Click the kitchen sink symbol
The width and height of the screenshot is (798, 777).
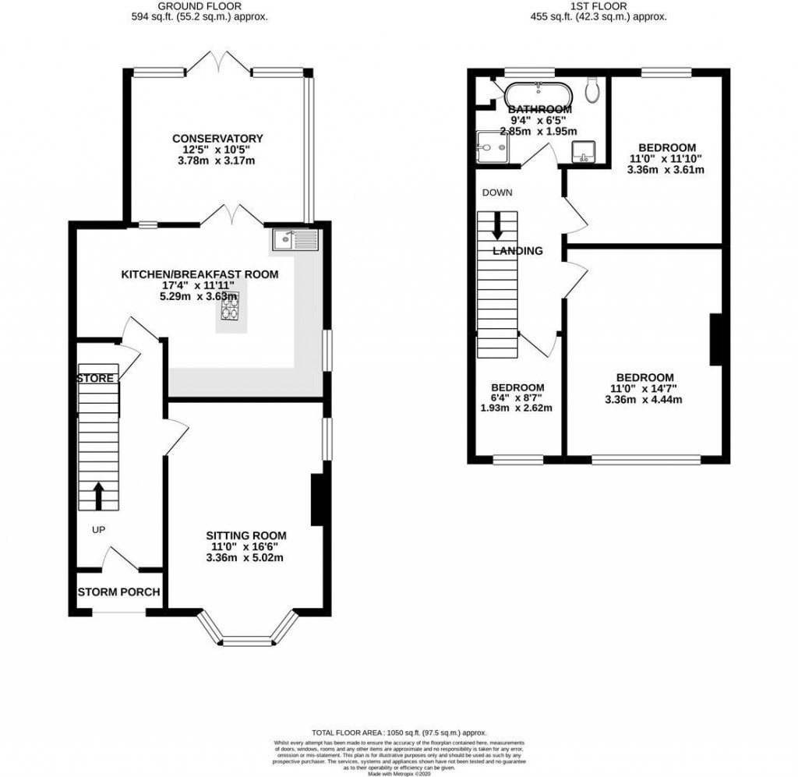(x=295, y=240)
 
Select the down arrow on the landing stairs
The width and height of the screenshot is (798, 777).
(x=497, y=228)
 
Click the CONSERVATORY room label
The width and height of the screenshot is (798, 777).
(x=217, y=139)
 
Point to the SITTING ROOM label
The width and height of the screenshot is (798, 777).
(x=245, y=535)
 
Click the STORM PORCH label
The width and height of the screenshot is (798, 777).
(x=118, y=592)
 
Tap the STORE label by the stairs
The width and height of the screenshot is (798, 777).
(x=96, y=379)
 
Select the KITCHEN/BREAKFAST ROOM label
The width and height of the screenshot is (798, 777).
(x=199, y=274)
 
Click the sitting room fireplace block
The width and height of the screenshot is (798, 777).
(x=318, y=500)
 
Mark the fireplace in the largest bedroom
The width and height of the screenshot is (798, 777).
(x=715, y=339)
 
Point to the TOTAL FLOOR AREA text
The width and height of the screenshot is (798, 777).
(x=398, y=733)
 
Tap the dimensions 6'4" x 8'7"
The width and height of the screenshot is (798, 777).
(x=517, y=400)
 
